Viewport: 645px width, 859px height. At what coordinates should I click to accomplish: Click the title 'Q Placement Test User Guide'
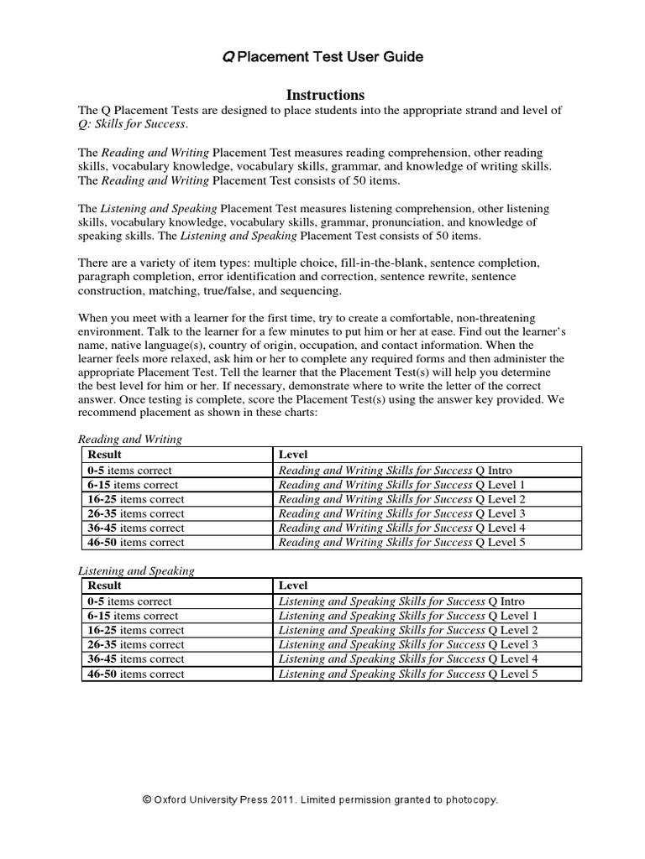(322, 57)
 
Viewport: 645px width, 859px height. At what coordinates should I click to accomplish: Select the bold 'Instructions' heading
(322, 95)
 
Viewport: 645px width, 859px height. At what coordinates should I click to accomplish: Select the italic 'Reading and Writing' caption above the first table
(130, 439)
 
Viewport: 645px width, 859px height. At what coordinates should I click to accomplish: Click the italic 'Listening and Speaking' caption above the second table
(136, 570)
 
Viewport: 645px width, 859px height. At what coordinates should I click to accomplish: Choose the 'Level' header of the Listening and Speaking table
(292, 586)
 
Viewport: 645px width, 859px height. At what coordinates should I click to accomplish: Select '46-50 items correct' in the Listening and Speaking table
(135, 674)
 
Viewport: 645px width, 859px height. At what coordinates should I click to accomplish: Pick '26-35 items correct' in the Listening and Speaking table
(135, 645)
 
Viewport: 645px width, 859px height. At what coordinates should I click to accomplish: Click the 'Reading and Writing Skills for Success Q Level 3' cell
(401, 513)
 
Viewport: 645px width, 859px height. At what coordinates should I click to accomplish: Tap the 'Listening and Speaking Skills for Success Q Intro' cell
(401, 601)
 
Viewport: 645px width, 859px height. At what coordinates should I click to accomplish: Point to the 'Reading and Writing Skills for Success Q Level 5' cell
(401, 542)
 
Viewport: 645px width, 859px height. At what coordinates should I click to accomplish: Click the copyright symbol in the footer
(148, 800)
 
